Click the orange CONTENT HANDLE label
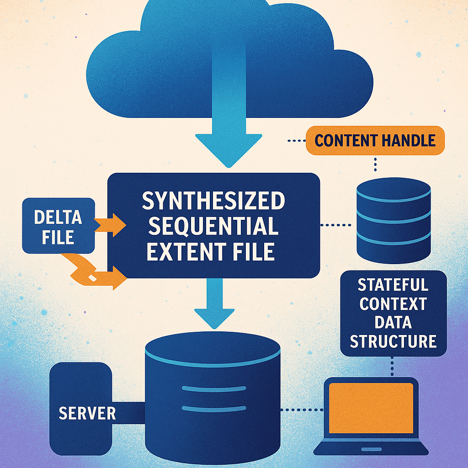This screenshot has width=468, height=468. tap(375, 140)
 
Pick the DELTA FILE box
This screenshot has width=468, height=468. tap(58, 226)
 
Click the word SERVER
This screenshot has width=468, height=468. tap(87, 413)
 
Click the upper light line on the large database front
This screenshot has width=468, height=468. tap(212, 389)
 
